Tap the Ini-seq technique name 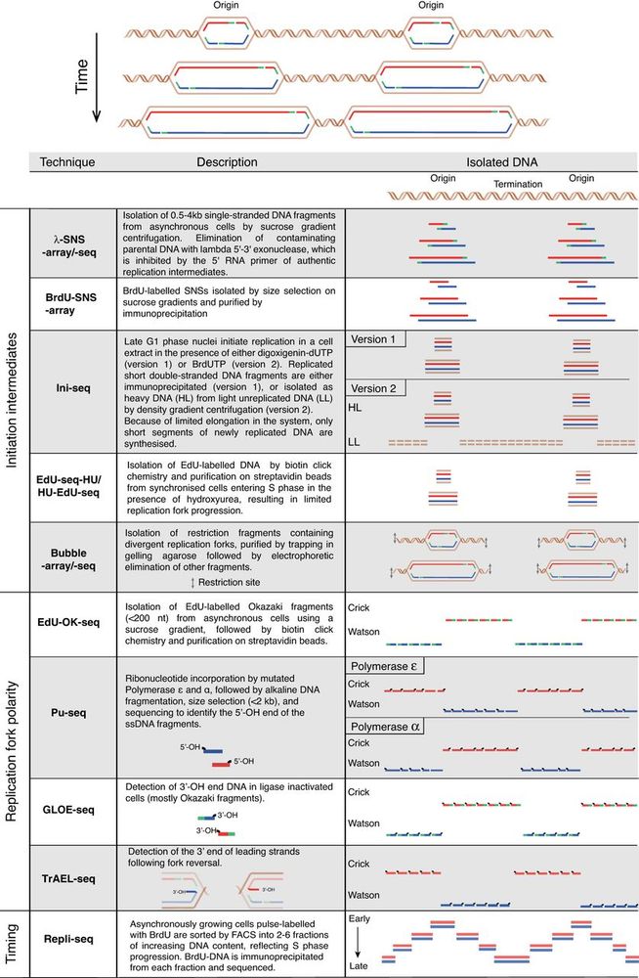point(71,387)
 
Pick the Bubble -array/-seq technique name point(71,556)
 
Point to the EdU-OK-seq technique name point(71,621)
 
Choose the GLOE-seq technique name point(71,809)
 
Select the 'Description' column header point(227,162)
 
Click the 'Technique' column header point(67,162)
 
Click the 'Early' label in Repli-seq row point(361,920)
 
